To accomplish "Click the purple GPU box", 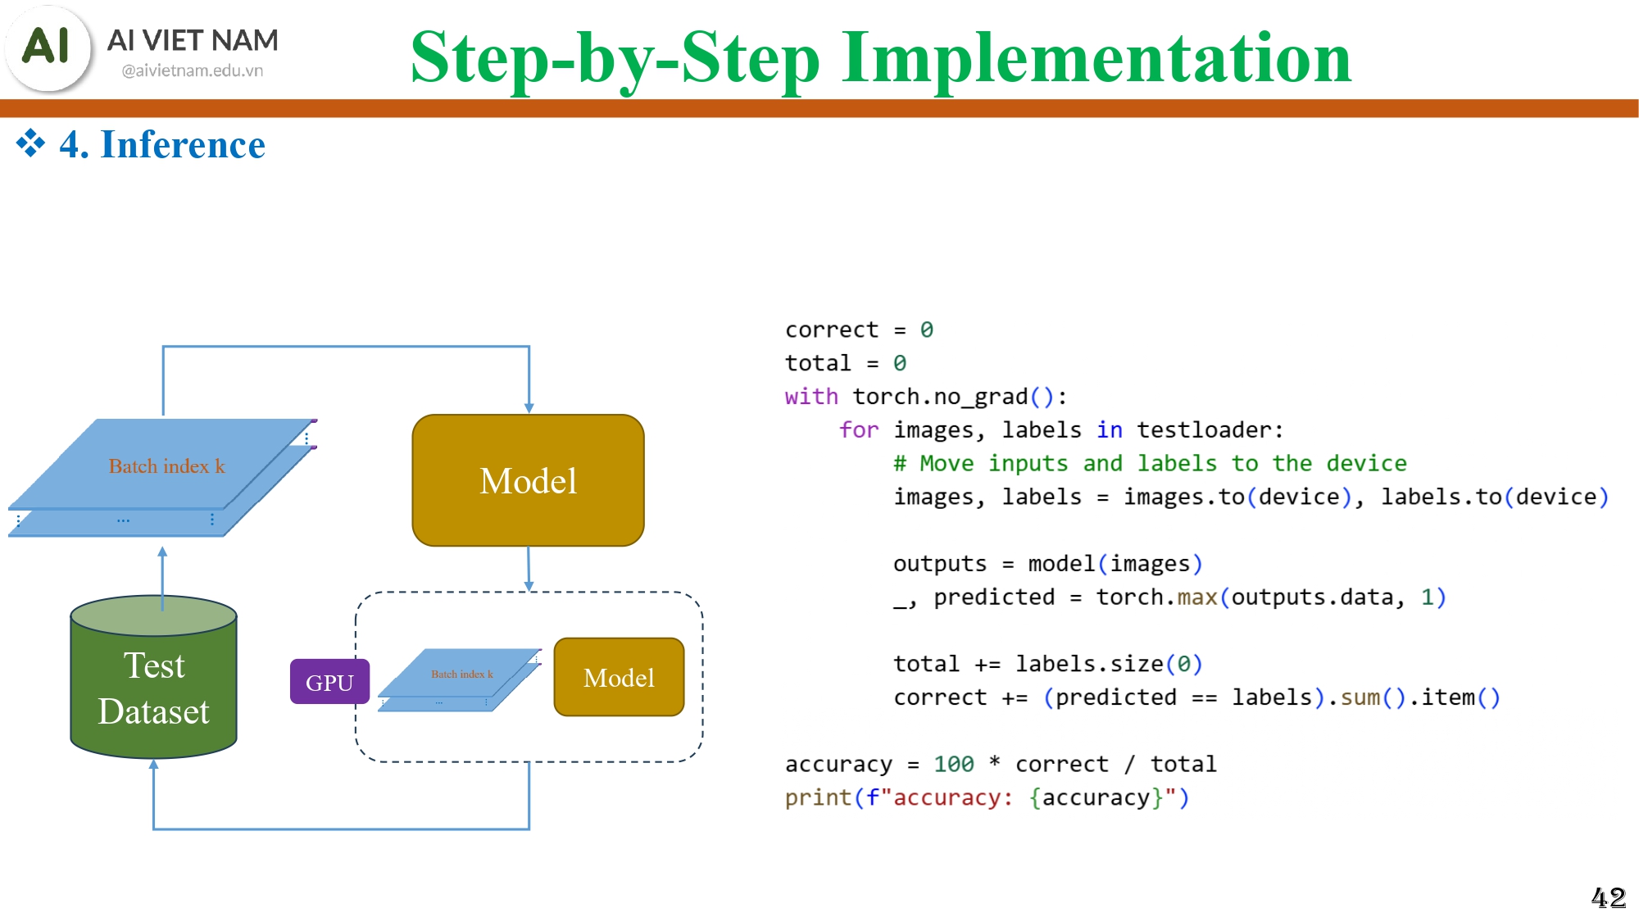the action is click(329, 682).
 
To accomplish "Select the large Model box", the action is click(528, 480).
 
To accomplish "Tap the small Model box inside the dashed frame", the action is click(619, 677).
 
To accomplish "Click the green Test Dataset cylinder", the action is click(154, 677).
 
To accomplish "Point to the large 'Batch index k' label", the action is click(166, 466).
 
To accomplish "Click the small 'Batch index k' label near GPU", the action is click(462, 674).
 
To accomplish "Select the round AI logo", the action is click(48, 47).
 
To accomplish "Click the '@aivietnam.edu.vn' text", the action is click(193, 70).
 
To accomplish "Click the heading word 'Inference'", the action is click(183, 144).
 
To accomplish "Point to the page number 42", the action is click(1609, 897).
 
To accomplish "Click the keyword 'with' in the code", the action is click(811, 397).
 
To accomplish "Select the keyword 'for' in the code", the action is click(859, 430).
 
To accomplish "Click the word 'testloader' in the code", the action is click(1204, 430).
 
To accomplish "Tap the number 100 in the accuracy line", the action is click(954, 764).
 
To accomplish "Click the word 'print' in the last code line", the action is click(818, 798).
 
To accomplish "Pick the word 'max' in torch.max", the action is click(1197, 597).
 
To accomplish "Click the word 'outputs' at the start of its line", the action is click(940, 564).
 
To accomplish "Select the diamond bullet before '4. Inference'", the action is click(31, 143).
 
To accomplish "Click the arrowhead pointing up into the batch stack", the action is click(162, 552).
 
